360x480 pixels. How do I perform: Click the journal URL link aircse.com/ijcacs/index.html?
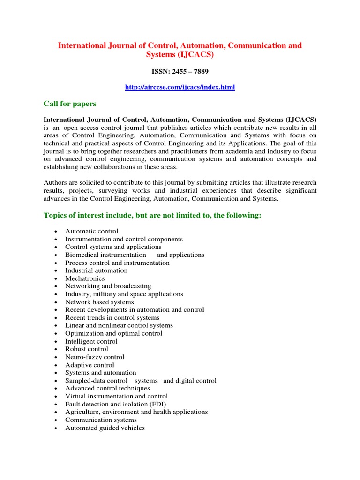(x=180, y=87)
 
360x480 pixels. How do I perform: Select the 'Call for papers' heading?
(x=70, y=104)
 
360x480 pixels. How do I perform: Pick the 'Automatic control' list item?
(x=91, y=231)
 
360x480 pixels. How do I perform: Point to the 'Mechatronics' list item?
(x=85, y=278)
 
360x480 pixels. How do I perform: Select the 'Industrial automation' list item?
(x=96, y=270)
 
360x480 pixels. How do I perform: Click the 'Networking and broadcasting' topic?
(x=108, y=286)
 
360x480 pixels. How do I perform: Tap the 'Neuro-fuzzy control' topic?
(x=95, y=357)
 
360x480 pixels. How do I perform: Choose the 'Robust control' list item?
(x=86, y=349)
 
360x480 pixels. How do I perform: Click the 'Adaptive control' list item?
(x=90, y=365)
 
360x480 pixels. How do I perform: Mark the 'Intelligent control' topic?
(x=91, y=341)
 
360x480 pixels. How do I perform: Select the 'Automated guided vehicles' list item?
(x=105, y=427)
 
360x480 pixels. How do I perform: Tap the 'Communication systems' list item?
(x=101, y=420)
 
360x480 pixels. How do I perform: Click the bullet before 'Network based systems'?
(x=56, y=302)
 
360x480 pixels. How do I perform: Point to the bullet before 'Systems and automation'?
(x=56, y=373)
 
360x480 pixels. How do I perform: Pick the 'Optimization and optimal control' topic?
(x=113, y=333)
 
